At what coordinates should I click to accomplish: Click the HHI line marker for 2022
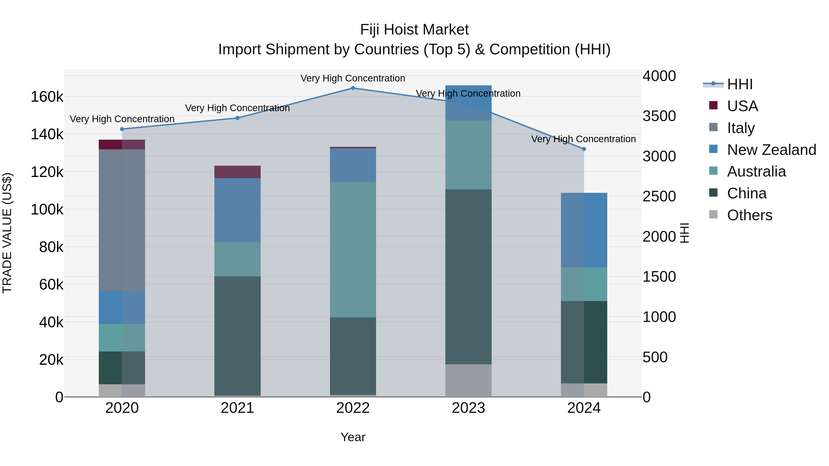coord(353,88)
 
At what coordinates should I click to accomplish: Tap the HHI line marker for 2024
coord(584,149)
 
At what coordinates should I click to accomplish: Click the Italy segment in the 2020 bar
coord(122,220)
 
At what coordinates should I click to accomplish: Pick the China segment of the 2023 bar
coord(468,277)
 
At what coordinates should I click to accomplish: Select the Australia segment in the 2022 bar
coord(353,249)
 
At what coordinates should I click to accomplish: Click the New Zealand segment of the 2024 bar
coord(584,230)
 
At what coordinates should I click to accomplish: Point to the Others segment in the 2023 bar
coord(468,380)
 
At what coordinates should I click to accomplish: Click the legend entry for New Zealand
coord(771,150)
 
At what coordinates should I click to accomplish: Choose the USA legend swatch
coord(713,105)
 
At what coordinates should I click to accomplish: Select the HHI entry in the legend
coord(739,84)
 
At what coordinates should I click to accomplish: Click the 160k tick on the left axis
coord(47,97)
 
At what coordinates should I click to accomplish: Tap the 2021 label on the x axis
coord(237,408)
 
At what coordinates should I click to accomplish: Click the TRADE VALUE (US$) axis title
coord(7,233)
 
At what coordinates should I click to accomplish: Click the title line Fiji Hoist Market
coord(414,30)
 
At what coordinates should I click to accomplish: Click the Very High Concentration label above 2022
coord(353,78)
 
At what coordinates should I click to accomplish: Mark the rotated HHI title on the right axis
coord(685,233)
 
